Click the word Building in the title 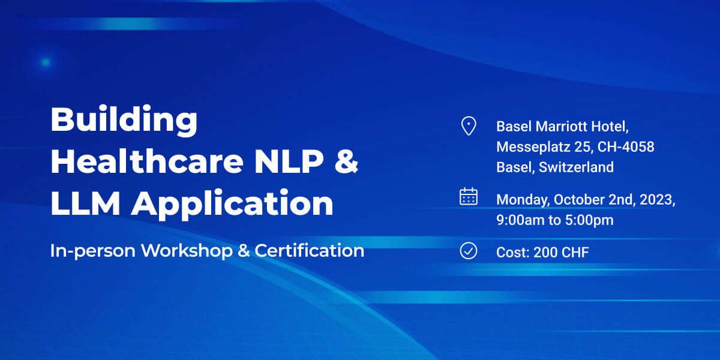124,120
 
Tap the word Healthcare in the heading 147,161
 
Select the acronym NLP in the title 289,161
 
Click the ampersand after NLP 346,161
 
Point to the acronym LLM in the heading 85,203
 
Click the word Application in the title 232,205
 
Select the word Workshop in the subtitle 187,250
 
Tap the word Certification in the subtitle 309,250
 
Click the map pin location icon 469,125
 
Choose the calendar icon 469,196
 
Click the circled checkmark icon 469,251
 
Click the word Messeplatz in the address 533,147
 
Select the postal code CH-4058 626,147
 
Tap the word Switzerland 576,167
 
